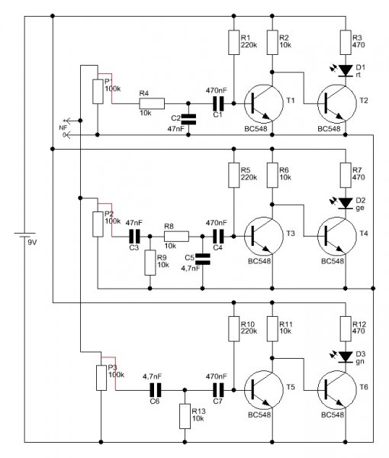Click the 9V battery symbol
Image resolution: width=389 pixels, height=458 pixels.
coord(24,235)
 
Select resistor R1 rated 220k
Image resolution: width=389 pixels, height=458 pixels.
coord(233,42)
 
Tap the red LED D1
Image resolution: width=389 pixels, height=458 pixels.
coord(346,70)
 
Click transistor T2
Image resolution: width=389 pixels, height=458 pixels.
coord(337,104)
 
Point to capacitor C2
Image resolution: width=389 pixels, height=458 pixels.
coord(188,119)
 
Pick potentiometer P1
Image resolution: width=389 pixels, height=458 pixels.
coord(98,91)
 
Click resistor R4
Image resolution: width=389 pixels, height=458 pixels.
coord(152,103)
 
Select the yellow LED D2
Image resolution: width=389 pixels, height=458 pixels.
coord(346,203)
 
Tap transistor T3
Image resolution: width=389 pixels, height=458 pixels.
coord(264,237)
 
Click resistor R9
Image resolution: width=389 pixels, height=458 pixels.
coord(150,263)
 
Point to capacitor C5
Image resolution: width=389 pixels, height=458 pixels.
coord(203,259)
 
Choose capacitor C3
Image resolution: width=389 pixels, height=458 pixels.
coord(135,237)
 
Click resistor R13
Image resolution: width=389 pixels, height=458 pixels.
coord(185,416)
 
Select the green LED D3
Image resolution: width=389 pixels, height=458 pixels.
coord(346,356)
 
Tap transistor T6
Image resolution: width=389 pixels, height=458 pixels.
coord(337,390)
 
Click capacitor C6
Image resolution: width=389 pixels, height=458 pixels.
coord(156,390)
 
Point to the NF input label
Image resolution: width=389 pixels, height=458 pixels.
coord(63,128)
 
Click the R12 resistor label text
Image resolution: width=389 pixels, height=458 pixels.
coord(359,324)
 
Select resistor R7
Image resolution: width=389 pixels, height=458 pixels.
coord(346,175)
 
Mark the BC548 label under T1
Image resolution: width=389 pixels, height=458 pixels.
coord(256,129)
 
